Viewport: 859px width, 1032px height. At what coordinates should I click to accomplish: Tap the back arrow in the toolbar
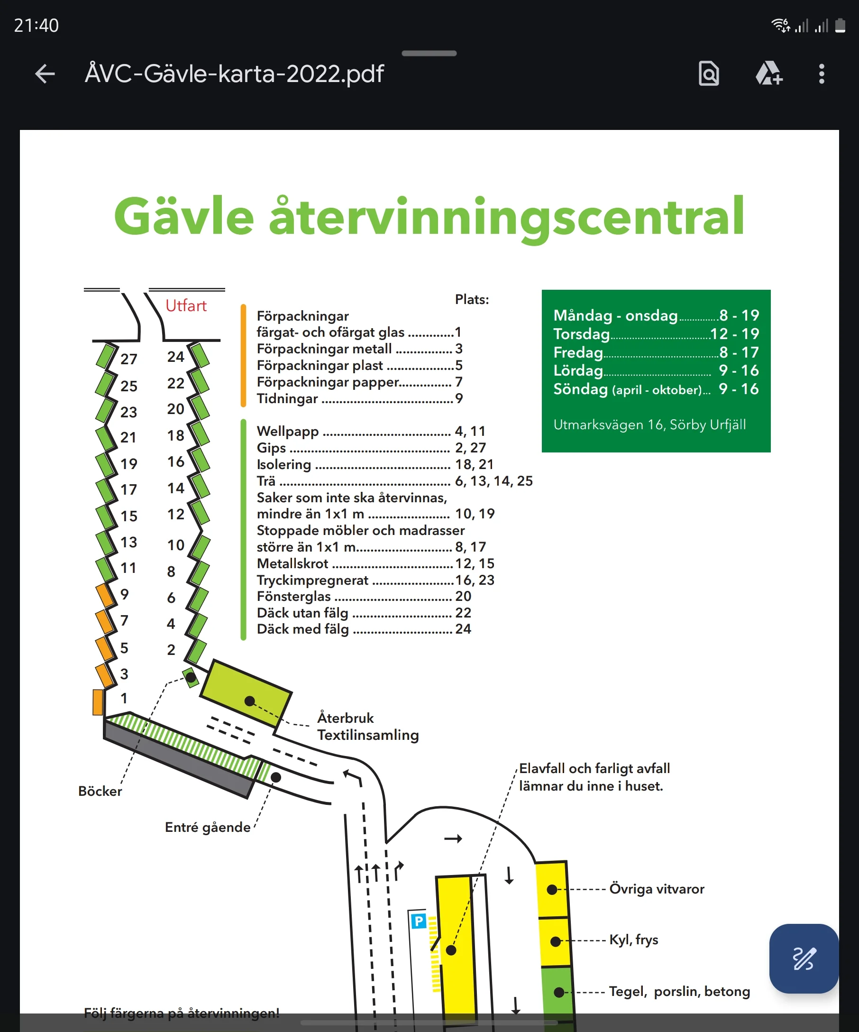click(45, 74)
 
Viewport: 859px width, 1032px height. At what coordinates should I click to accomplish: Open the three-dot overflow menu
click(821, 74)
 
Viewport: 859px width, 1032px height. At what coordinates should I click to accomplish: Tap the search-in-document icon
click(709, 74)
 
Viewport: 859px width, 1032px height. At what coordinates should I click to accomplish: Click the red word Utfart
click(186, 306)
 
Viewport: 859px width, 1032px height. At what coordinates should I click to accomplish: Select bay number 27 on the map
click(128, 359)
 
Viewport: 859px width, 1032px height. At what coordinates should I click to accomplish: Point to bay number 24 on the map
click(175, 357)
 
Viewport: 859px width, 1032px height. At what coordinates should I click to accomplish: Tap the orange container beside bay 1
click(98, 702)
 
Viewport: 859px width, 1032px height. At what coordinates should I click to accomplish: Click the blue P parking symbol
click(419, 921)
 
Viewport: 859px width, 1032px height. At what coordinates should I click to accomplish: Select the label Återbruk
click(345, 718)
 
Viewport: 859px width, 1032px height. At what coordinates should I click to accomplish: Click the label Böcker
click(100, 791)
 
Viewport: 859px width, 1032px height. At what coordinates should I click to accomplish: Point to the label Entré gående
click(208, 828)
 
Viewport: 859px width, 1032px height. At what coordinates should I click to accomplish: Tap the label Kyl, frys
click(633, 940)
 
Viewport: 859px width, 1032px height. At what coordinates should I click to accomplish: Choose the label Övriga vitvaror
click(657, 889)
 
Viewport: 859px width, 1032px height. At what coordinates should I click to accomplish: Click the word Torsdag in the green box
click(582, 334)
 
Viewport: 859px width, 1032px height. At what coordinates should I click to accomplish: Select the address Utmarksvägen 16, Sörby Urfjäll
click(649, 424)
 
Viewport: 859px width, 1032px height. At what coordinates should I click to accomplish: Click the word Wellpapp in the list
click(288, 432)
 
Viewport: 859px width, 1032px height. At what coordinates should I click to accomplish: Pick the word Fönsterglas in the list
click(294, 597)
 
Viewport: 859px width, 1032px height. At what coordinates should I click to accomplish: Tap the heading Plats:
click(472, 299)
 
